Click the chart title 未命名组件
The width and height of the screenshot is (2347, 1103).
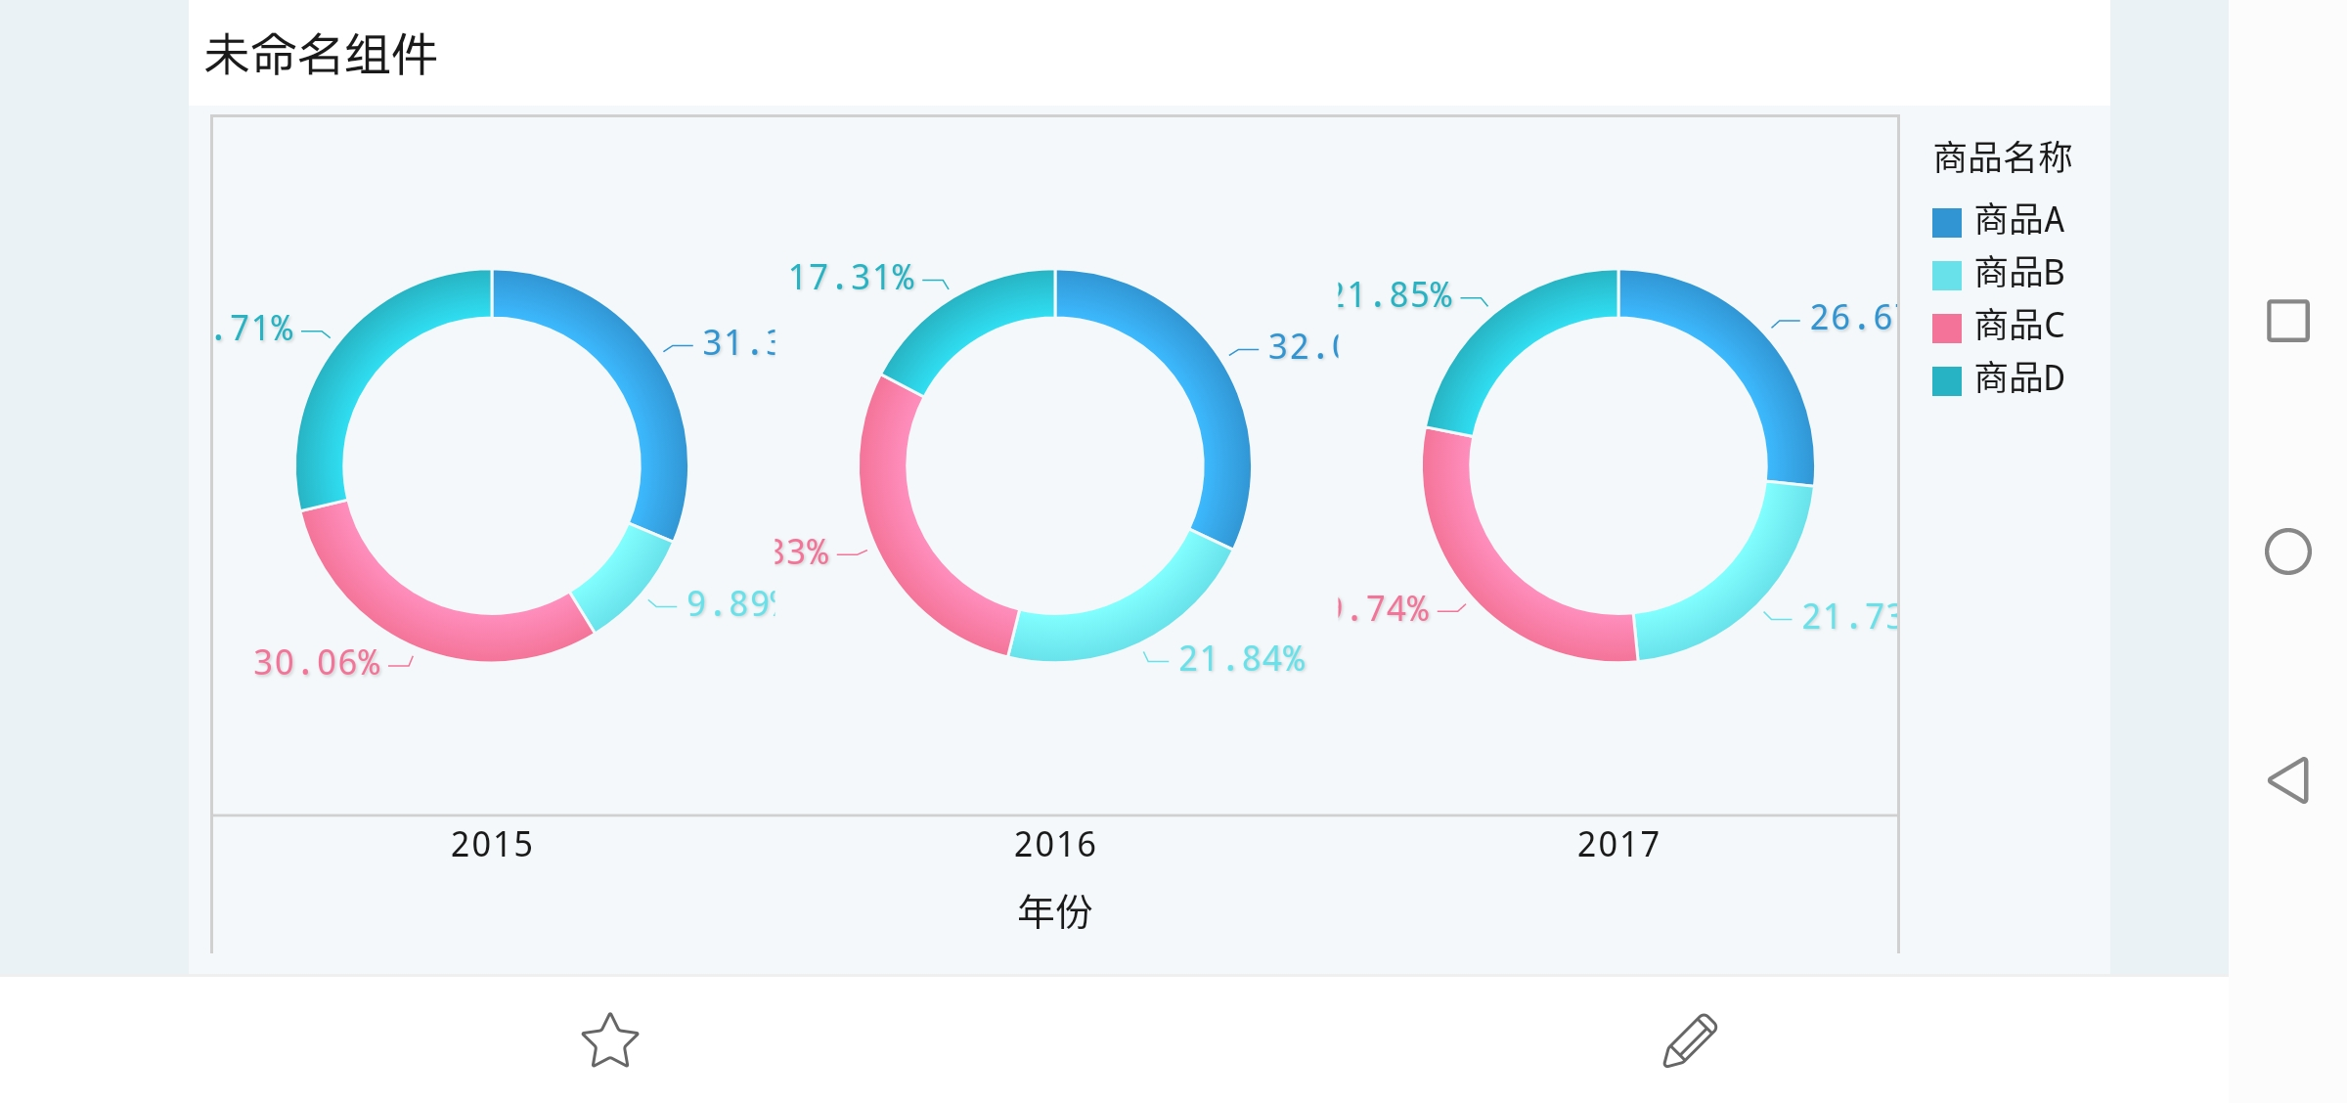pyautogui.click(x=321, y=55)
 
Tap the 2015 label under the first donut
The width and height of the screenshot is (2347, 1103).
pyautogui.click(x=492, y=844)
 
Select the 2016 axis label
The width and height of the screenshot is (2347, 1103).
pyautogui.click(x=1055, y=844)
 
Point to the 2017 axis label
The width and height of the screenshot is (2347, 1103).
pyautogui.click(x=1618, y=844)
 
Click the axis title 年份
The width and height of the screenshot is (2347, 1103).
pyautogui.click(x=1055, y=911)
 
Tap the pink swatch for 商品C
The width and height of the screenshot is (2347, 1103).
pyautogui.click(x=1946, y=328)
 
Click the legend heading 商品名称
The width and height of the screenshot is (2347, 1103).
pyautogui.click(x=2003, y=157)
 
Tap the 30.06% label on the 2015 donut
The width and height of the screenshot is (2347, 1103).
pyautogui.click(x=317, y=663)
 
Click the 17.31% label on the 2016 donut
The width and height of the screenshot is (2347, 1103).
pyautogui.click(x=852, y=278)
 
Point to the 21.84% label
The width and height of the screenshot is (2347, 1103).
pyautogui.click(x=1242, y=659)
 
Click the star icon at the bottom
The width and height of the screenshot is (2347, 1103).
pyautogui.click(x=609, y=1039)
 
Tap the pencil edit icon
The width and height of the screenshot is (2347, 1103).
pyautogui.click(x=1690, y=1039)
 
